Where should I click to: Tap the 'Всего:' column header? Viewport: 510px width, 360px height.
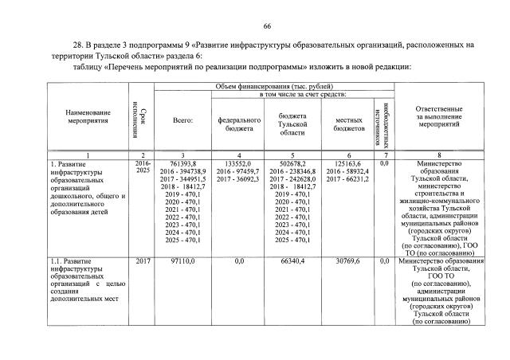point(183,121)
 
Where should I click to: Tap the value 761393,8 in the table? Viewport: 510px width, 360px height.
point(184,163)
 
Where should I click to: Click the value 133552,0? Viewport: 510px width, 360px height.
point(240,163)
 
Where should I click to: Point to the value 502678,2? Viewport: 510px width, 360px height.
point(292,163)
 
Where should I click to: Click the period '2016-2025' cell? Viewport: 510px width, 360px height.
point(143,167)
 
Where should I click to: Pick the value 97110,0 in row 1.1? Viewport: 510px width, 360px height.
point(183,261)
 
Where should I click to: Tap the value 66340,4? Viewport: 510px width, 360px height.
point(292,261)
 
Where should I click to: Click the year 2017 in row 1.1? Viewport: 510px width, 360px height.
point(143,261)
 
